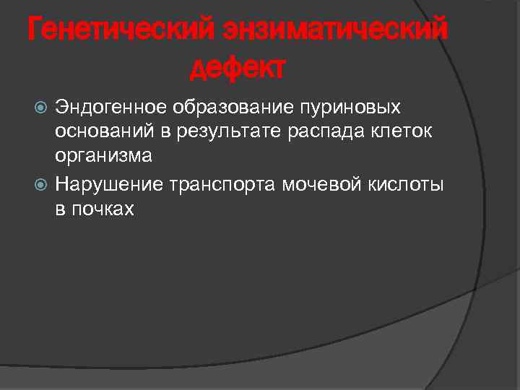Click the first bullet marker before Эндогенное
[x=42, y=108]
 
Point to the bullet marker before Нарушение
[x=42, y=186]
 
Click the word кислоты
[x=405, y=186]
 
